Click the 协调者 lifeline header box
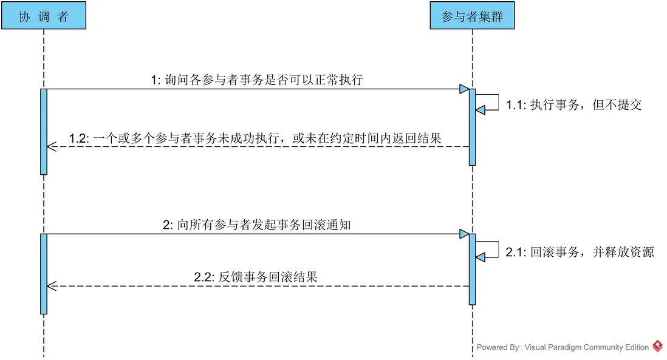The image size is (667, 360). pos(44,16)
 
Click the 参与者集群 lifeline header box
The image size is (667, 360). pos(472,16)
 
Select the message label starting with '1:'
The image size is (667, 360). pos(257,80)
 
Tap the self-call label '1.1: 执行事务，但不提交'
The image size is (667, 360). pos(574,104)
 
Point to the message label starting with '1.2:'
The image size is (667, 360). pos(255,138)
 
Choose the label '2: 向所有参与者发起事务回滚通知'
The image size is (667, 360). pos(257,225)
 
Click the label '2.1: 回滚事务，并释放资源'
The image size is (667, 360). pos(580,252)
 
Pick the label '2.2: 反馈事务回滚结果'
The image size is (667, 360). pos(256,277)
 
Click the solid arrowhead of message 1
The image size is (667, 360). pos(465,89)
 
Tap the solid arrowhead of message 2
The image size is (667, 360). pos(465,234)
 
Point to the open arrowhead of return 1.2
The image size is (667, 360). pos(52,147)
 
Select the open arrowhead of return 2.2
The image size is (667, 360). pos(52,287)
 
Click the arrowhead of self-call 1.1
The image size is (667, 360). pos(481,110)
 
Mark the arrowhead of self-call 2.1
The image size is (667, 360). pos(481,257)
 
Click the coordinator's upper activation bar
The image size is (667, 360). pos(44,132)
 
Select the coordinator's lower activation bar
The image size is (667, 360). pos(44,274)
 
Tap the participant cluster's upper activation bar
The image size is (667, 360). pos(472,127)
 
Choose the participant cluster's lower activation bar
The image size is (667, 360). pos(472,270)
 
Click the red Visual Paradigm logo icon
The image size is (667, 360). pos(658,346)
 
